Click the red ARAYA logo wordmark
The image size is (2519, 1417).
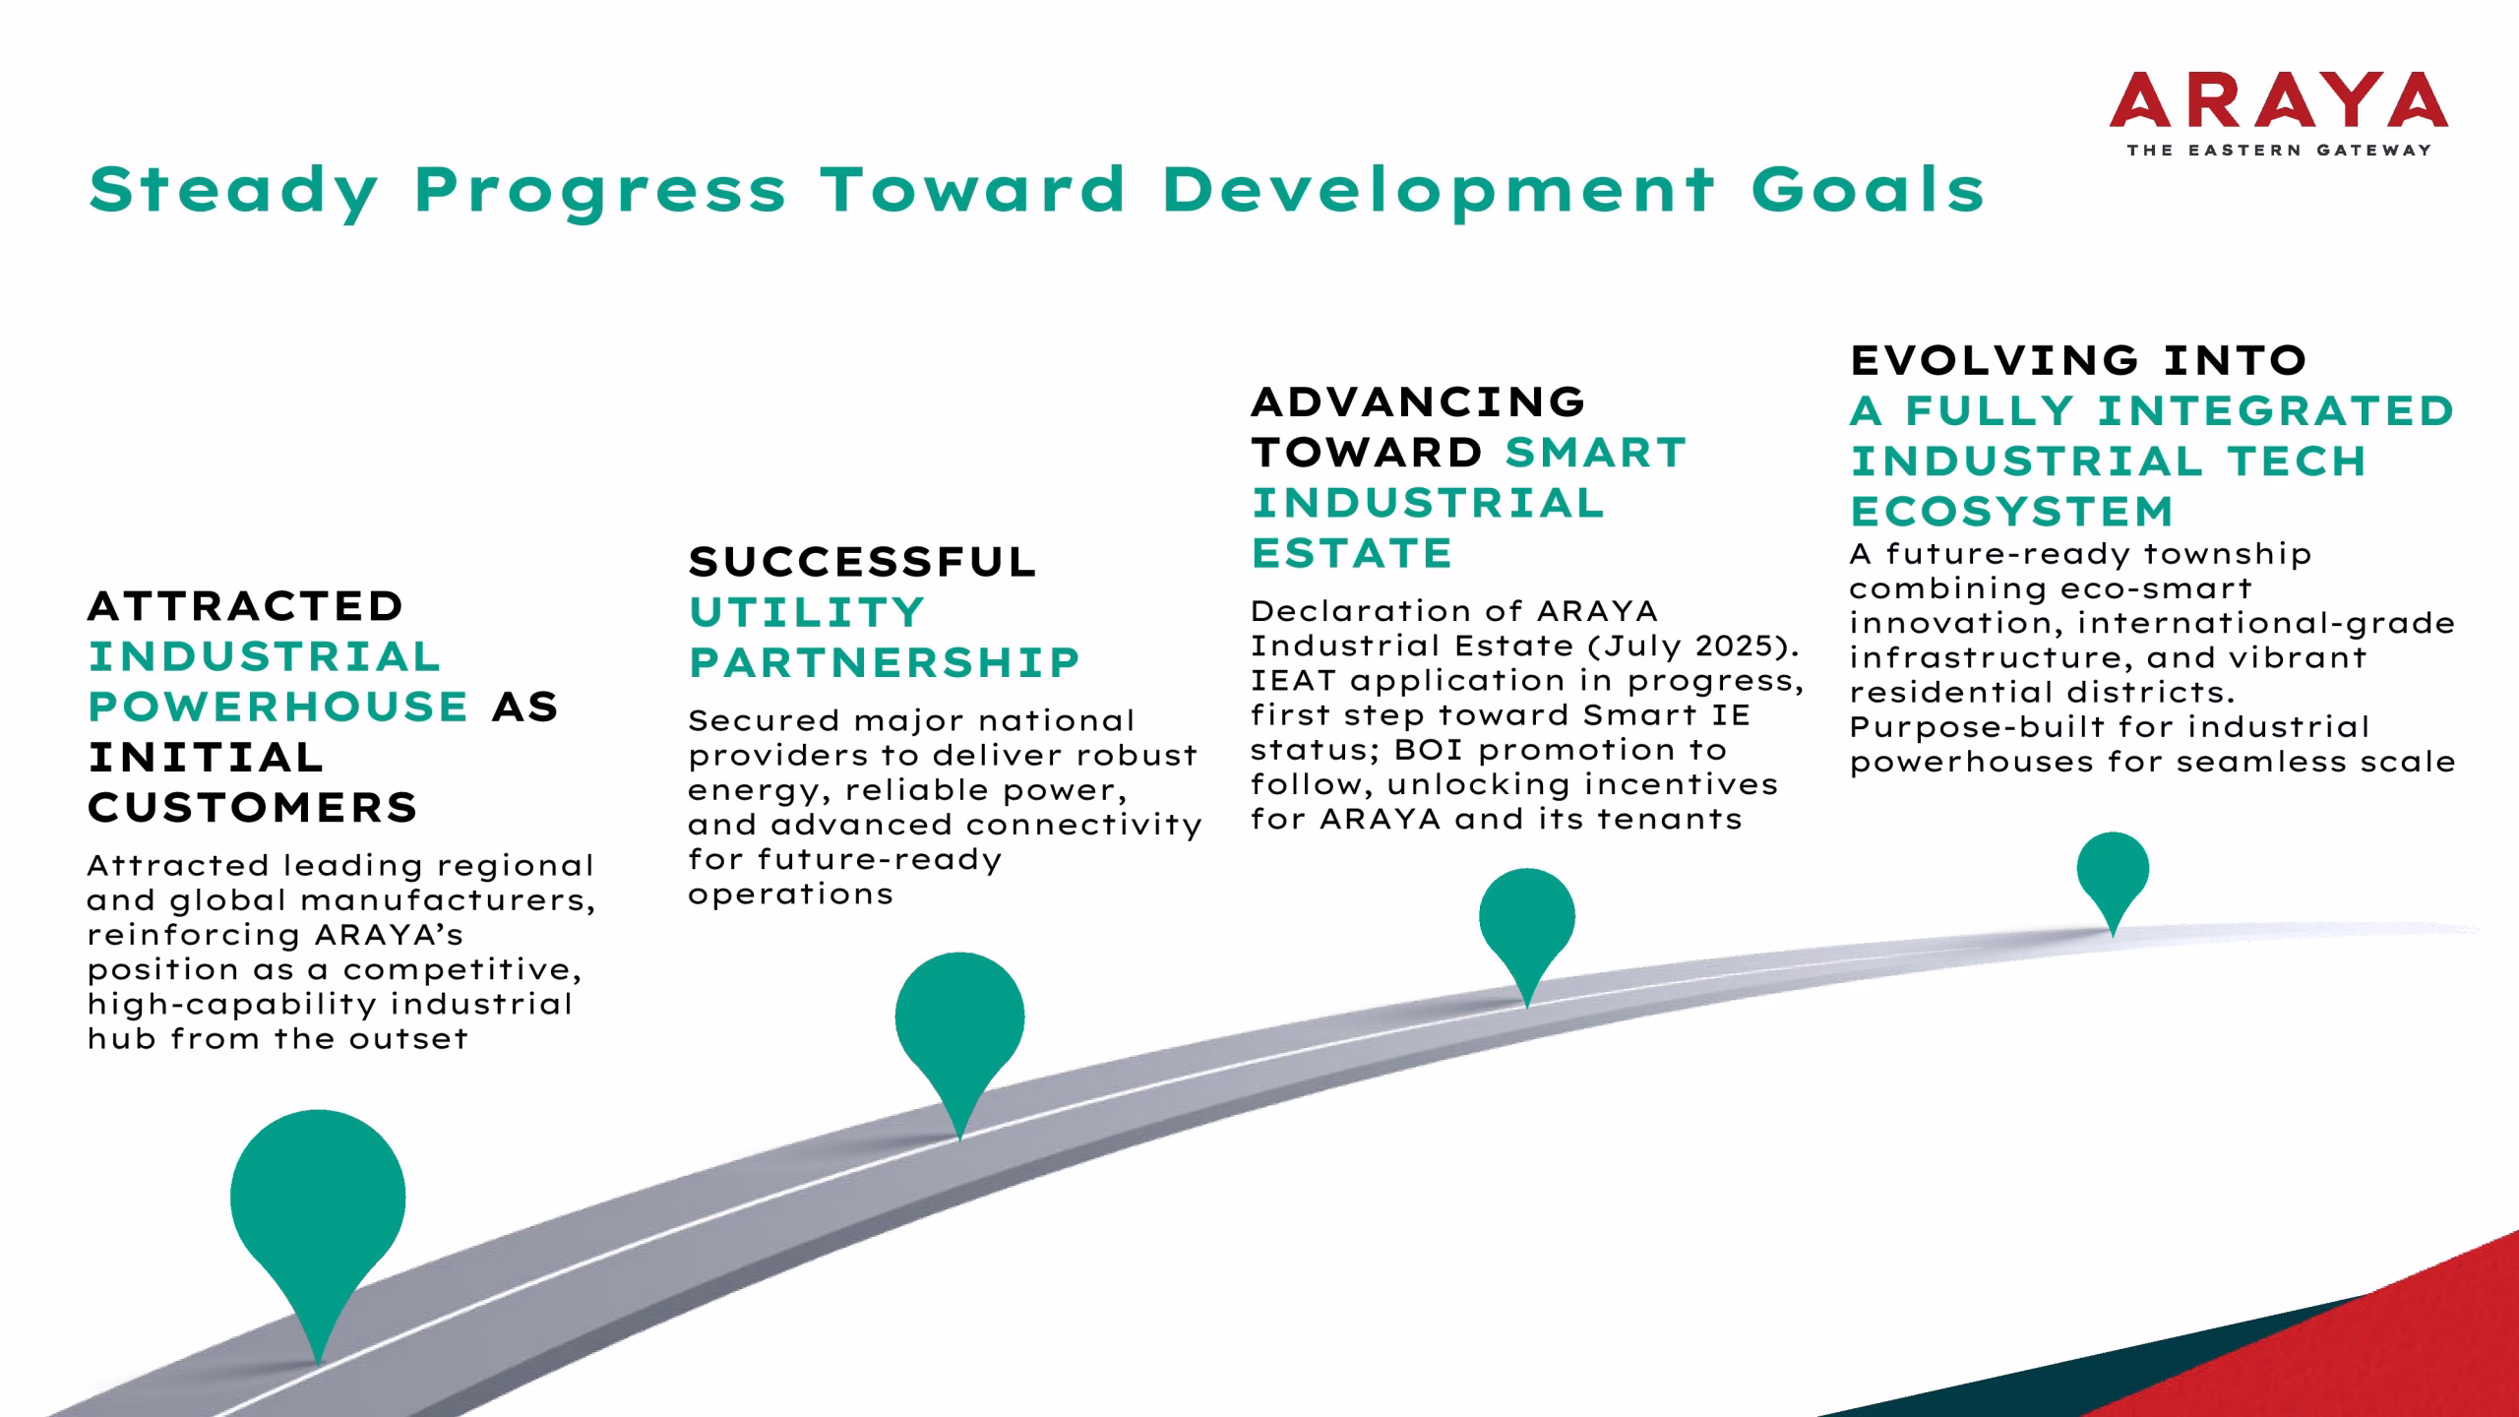click(2279, 100)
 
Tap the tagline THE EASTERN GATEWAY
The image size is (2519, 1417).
click(2279, 151)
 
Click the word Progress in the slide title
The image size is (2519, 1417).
click(601, 190)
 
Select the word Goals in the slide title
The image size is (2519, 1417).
click(1869, 189)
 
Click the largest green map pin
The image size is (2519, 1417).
click(318, 1210)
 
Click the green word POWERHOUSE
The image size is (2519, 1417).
click(278, 707)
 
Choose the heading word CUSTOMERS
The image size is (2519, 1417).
click(253, 808)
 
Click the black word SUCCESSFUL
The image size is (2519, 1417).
click(863, 562)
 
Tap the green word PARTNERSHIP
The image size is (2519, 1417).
click(885, 663)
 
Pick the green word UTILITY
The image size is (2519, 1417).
click(807, 613)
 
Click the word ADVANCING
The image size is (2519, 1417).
click(1418, 401)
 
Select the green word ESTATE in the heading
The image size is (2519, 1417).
click(1352, 553)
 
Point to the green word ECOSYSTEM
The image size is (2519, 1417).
click(2011, 512)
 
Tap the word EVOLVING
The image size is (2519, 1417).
click(1996, 360)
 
